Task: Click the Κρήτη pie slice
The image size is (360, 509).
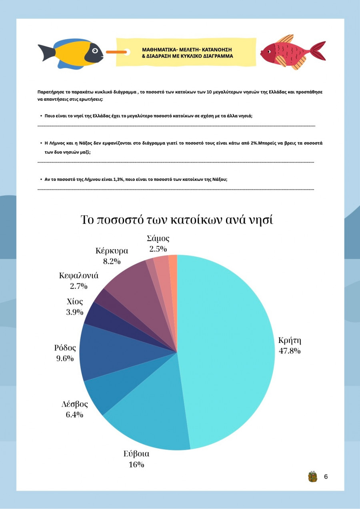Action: point(228,348)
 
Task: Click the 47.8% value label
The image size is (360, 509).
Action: point(290,351)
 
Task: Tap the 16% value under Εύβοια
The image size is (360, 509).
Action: point(136,465)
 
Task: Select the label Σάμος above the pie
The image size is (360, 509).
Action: point(158,239)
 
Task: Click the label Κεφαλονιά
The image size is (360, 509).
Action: point(79,276)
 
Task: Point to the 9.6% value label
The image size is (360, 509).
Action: point(65,359)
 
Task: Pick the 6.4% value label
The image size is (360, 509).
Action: point(74,415)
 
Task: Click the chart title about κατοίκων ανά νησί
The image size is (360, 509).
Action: point(177,220)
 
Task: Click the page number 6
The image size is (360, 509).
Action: point(326,477)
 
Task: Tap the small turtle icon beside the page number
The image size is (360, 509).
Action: point(312,476)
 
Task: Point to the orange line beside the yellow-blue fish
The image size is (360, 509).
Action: point(116,52)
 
